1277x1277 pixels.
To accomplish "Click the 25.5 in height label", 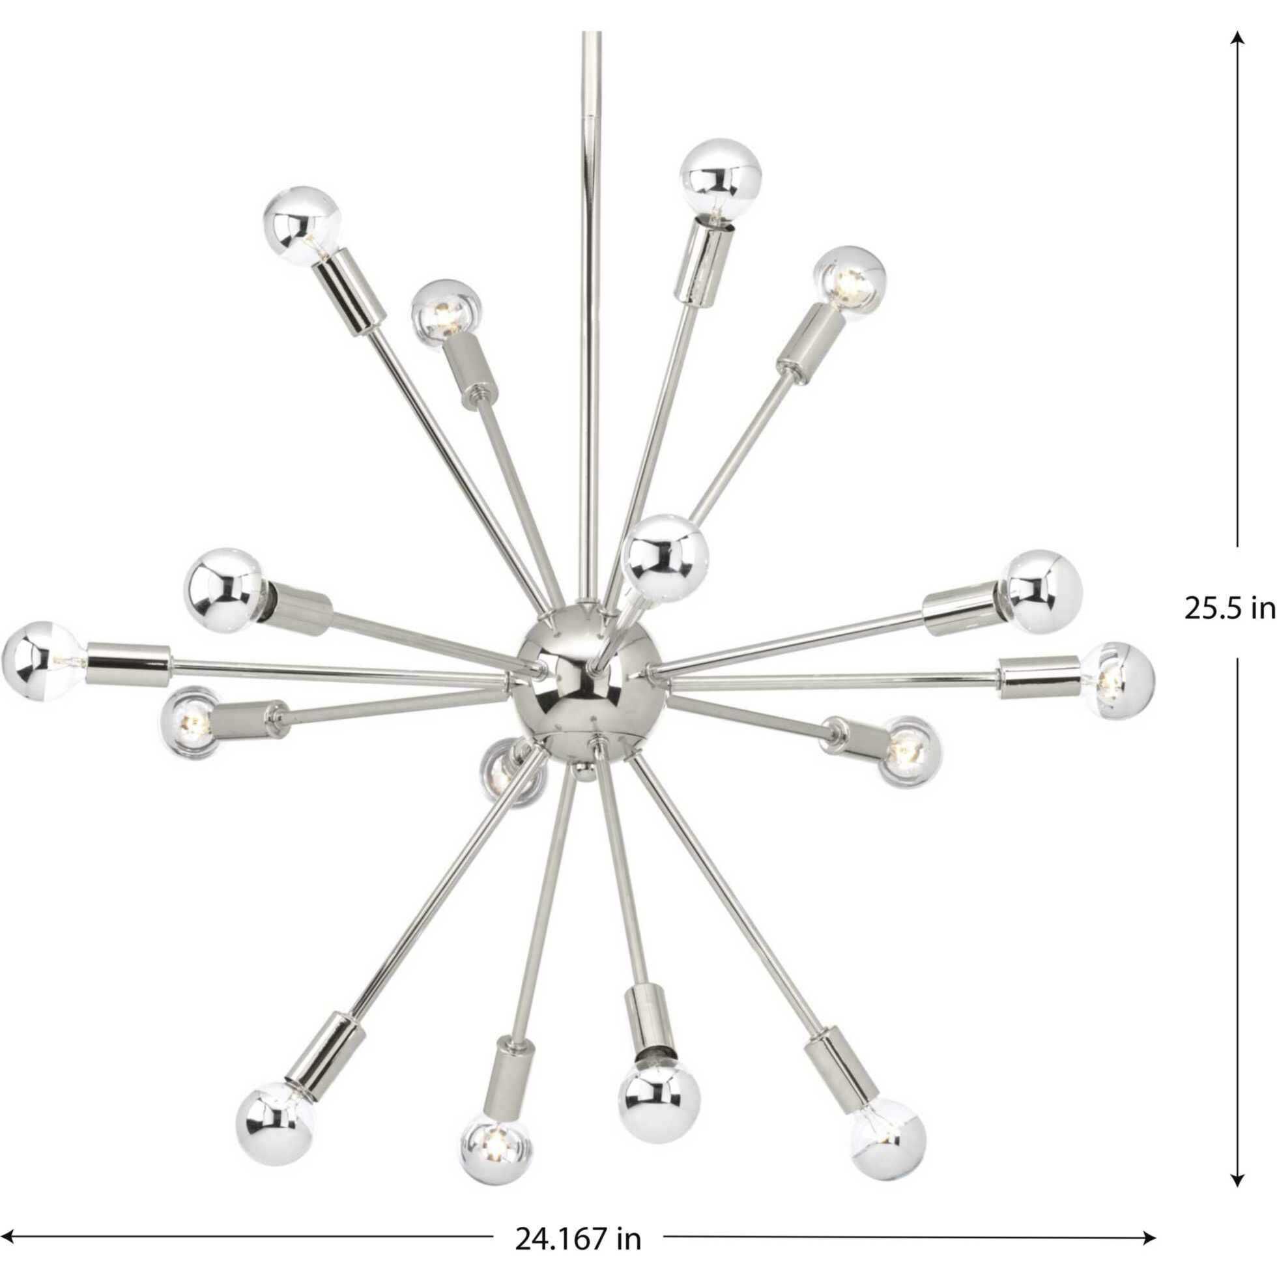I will pyautogui.click(x=1228, y=609).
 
